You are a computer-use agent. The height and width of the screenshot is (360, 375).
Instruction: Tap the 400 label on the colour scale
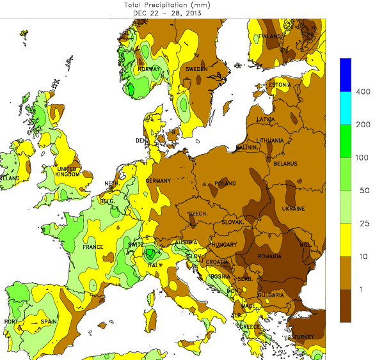point(362,91)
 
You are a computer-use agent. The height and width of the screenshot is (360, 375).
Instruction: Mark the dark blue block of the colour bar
point(347,75)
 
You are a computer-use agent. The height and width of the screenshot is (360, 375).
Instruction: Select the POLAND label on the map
point(225,183)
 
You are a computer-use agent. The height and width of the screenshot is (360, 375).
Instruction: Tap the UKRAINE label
point(293,209)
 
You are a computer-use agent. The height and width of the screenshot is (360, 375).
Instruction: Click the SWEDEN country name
point(196,69)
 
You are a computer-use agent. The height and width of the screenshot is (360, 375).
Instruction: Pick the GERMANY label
point(159,182)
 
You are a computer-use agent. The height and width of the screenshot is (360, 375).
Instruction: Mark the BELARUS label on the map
point(285,164)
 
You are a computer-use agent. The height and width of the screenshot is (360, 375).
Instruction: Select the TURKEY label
point(304,337)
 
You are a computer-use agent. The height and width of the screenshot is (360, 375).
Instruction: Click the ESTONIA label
point(279,85)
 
